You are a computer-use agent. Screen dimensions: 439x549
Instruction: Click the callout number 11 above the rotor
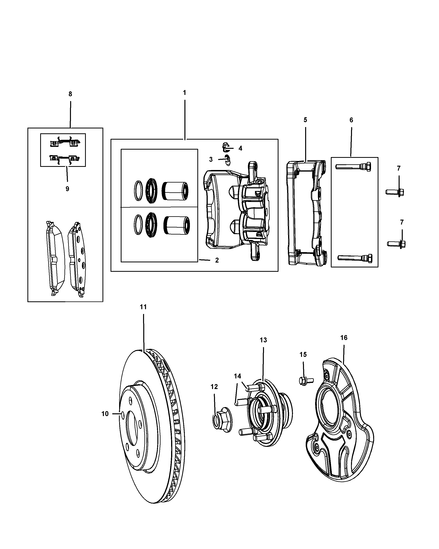tap(143, 307)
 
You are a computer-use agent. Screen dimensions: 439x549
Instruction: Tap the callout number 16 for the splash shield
tap(344, 338)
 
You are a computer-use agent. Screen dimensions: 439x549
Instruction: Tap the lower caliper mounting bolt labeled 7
tap(396, 244)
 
